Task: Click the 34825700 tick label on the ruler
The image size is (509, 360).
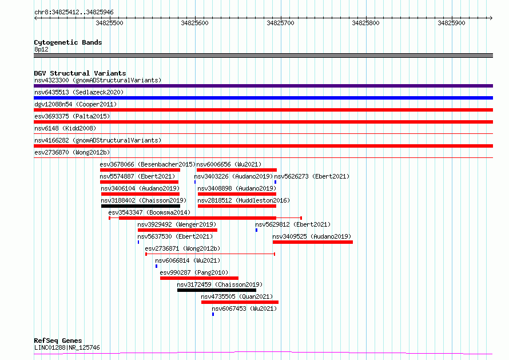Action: [280, 23]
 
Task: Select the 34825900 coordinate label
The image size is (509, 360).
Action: [451, 23]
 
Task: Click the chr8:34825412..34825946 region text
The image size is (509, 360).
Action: [74, 13]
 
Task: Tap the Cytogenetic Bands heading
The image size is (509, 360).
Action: [68, 42]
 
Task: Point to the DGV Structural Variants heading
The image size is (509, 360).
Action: [80, 73]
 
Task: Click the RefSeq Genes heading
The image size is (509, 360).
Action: [58, 341]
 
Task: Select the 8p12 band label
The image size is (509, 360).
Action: [41, 49]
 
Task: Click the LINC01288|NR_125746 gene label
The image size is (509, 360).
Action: [67, 347]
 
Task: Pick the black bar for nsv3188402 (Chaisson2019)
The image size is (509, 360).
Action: [141, 206]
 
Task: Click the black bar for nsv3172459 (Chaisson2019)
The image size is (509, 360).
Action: [217, 290]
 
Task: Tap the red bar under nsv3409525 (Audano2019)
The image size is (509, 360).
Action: [313, 242]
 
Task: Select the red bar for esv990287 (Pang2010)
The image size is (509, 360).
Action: [199, 278]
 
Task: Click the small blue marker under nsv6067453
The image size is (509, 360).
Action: [213, 314]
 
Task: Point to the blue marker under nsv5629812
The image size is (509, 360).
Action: [256, 230]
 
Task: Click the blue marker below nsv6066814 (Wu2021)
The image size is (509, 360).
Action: [157, 266]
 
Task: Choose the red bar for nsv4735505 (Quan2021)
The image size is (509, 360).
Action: [240, 302]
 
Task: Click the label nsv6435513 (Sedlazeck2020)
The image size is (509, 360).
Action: [79, 92]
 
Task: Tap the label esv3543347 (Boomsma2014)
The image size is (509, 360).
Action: [149, 212]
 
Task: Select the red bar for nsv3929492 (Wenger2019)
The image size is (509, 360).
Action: [177, 230]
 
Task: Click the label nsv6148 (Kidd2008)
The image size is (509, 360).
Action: [65, 128]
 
